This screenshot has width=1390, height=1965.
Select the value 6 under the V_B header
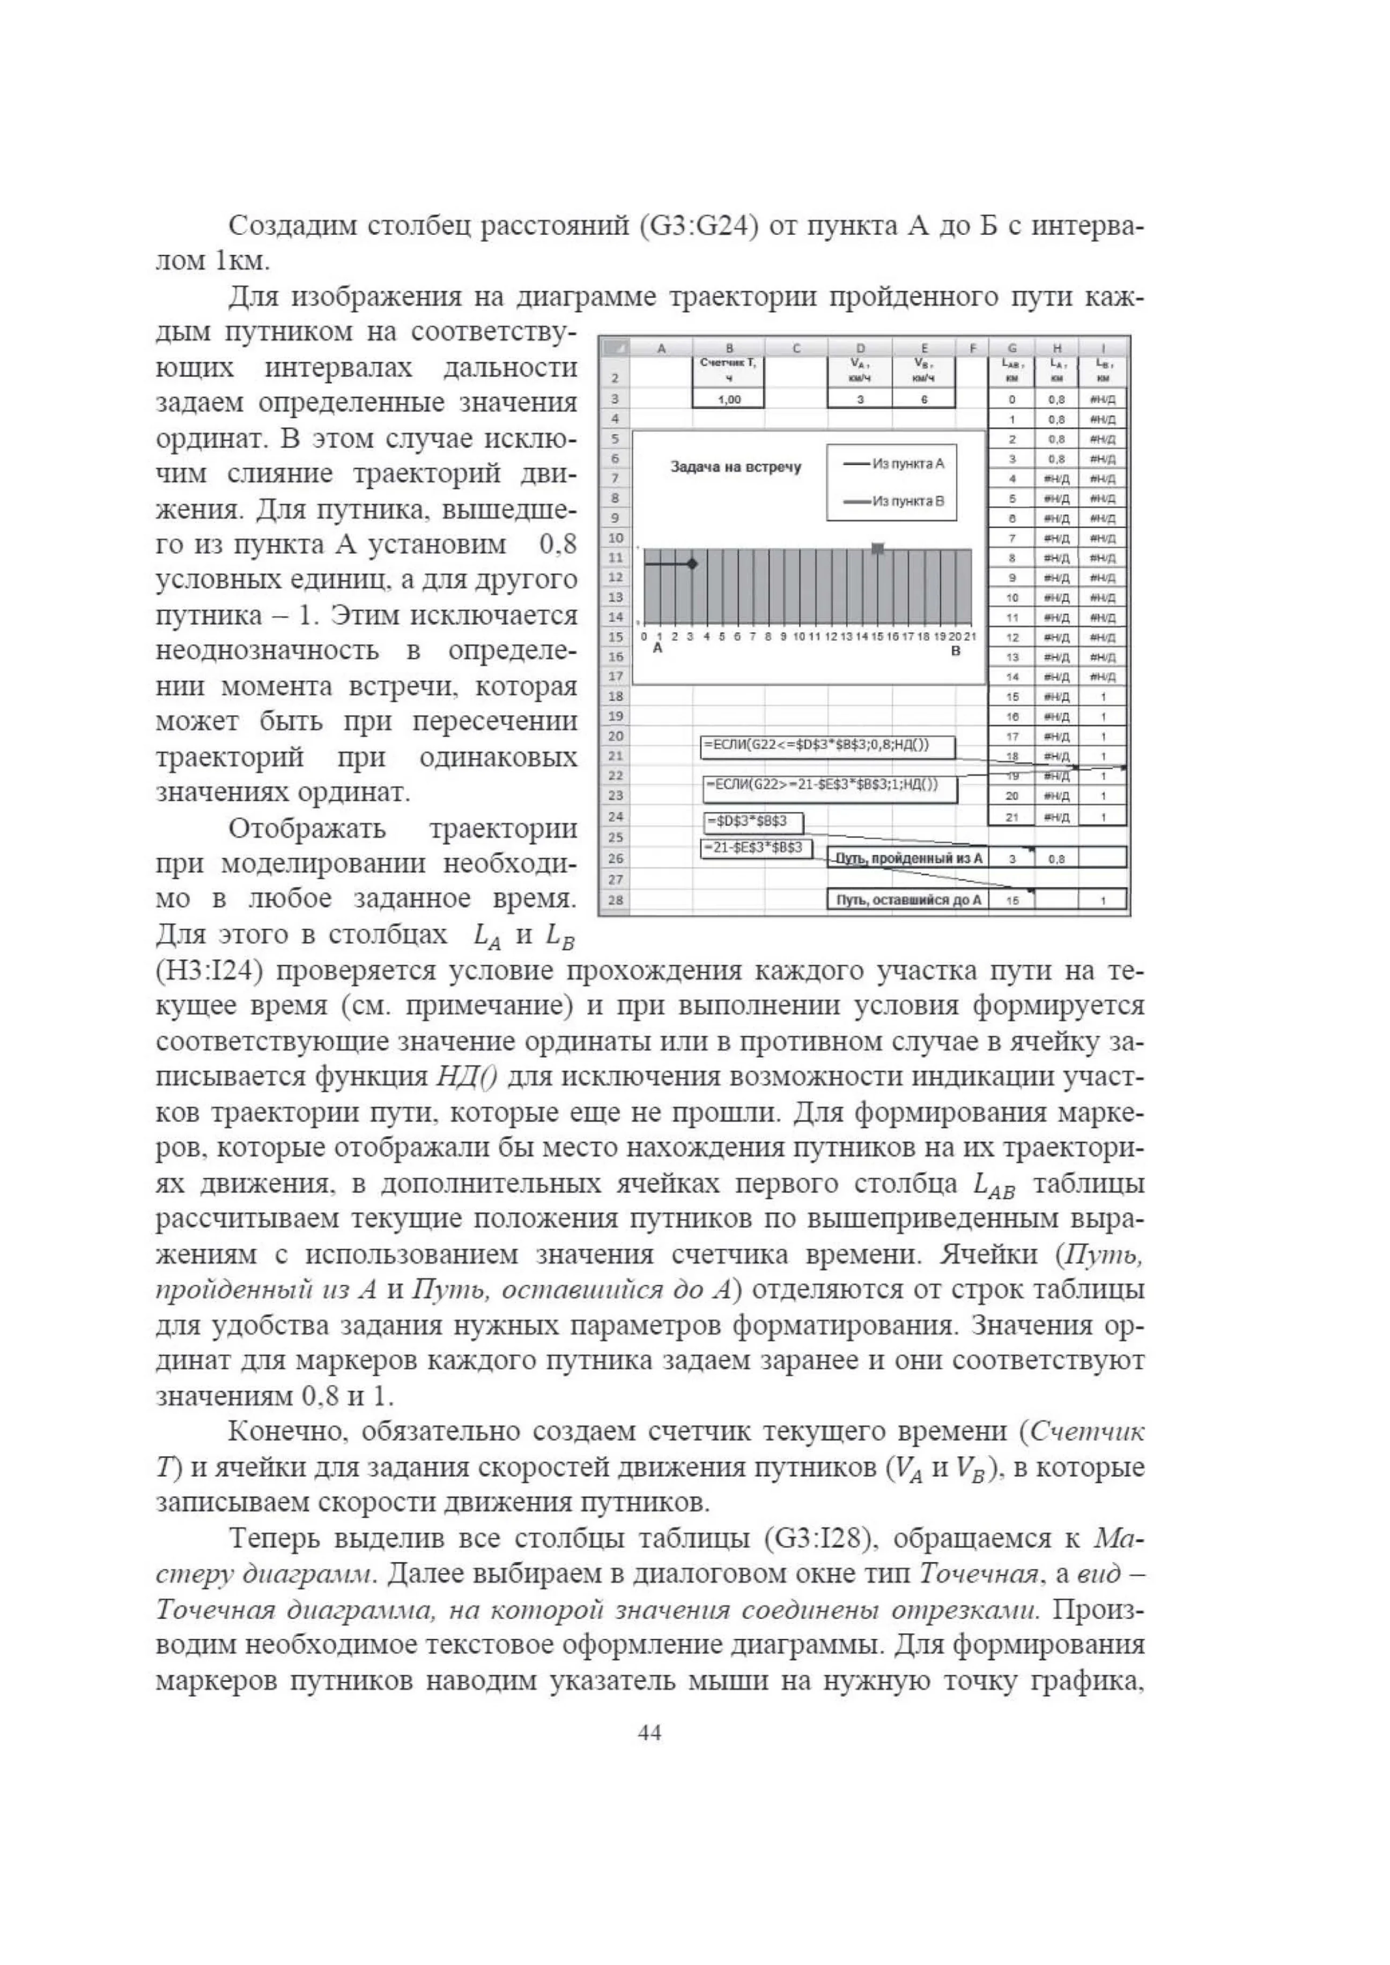click(x=925, y=399)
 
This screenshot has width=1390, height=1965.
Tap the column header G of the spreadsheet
click(x=1012, y=347)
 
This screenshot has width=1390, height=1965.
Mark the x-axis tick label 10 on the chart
click(x=798, y=637)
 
